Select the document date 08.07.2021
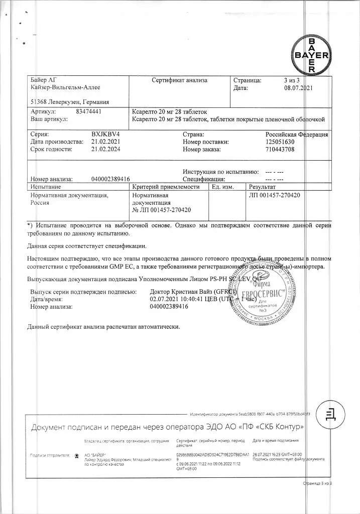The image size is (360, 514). click(x=298, y=88)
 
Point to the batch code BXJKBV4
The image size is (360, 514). click(x=106, y=135)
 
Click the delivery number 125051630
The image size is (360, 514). click(x=281, y=142)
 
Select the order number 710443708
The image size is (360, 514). click(x=281, y=150)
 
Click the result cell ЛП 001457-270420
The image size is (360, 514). click(x=274, y=195)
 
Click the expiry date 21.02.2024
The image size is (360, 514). click(x=106, y=150)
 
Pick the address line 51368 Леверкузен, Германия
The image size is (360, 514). click(x=70, y=101)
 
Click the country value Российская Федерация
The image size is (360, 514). click(x=297, y=135)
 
